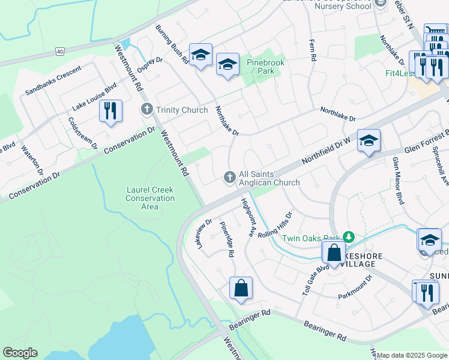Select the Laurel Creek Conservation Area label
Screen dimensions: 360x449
[150, 198]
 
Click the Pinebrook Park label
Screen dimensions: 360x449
[265, 67]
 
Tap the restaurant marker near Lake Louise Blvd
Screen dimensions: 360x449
[110, 112]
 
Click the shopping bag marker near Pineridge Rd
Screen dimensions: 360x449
[241, 288]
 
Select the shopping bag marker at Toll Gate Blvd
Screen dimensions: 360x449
[334, 253]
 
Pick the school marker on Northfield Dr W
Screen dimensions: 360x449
[369, 142]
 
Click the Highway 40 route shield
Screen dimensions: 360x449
[59, 52]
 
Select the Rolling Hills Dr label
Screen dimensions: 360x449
[275, 224]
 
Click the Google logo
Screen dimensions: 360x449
[20, 353]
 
